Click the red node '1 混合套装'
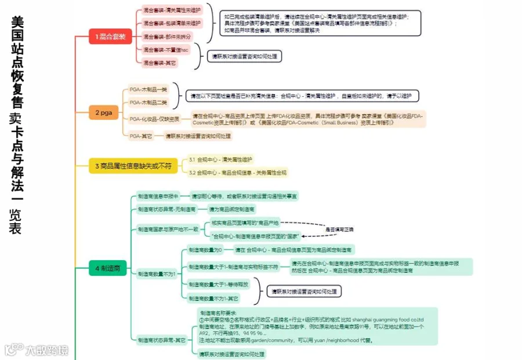(110, 37)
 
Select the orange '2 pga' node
(103, 112)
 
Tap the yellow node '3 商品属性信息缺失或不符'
(133, 166)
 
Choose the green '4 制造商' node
(107, 268)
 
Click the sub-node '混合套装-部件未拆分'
(166, 36)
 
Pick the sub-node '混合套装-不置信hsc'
(166, 49)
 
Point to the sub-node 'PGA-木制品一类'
(148, 89)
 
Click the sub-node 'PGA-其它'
(140, 136)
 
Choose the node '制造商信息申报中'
(158, 196)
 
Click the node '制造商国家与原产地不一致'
(168, 230)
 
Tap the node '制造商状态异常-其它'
(162, 340)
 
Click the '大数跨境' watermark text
(46, 351)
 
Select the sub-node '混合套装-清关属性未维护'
(172, 10)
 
